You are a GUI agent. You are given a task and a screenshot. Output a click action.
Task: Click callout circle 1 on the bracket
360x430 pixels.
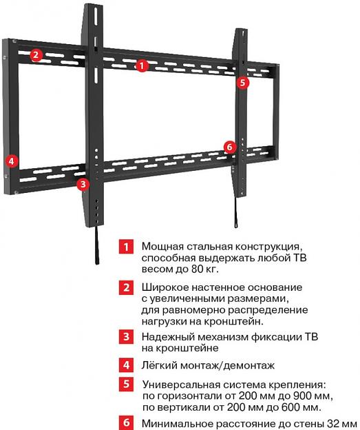click(142, 66)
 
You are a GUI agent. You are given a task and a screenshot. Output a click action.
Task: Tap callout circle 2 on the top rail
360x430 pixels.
click(36, 56)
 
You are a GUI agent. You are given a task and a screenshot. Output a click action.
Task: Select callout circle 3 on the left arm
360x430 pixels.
click(83, 184)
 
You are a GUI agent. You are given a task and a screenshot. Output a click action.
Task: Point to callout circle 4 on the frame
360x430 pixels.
click(11, 161)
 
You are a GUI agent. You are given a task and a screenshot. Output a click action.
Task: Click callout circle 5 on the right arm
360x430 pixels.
click(242, 82)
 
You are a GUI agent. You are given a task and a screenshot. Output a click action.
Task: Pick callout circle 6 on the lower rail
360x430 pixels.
click(229, 147)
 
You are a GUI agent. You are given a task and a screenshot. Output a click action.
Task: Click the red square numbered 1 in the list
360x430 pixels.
click(125, 247)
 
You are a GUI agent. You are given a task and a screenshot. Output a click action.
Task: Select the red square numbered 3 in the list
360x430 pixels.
click(125, 337)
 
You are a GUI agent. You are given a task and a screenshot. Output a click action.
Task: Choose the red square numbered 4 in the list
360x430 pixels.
click(125, 365)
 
